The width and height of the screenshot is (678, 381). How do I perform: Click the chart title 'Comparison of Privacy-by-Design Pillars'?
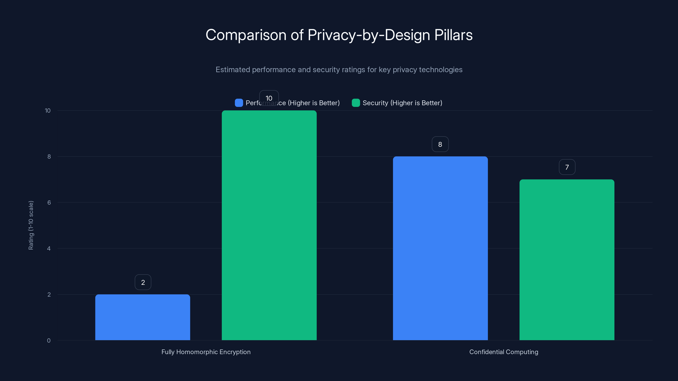coord(339,35)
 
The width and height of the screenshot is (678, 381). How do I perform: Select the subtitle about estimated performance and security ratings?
coord(339,70)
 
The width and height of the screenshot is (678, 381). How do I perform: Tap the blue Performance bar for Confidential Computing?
coord(440,248)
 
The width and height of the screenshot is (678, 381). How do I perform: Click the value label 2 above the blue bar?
coord(143,282)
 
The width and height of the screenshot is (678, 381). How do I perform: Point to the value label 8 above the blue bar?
coord(440,144)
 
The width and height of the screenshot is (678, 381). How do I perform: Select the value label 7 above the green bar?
coord(567,167)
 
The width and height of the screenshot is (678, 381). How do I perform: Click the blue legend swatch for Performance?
coord(239,103)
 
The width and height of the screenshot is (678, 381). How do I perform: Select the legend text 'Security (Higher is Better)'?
coord(402,103)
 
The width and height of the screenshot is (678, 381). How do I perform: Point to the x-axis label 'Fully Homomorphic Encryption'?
coord(206,352)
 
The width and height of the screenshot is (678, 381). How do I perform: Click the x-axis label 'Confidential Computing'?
coord(503,352)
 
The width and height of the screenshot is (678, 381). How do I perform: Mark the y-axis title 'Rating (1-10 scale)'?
coord(31,225)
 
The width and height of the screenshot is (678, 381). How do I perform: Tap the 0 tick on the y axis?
coord(49,341)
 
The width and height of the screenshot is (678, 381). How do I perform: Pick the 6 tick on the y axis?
coord(49,203)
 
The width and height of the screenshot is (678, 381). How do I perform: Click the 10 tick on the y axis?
coord(48,111)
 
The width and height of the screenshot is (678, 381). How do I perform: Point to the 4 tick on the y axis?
coord(49,248)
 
